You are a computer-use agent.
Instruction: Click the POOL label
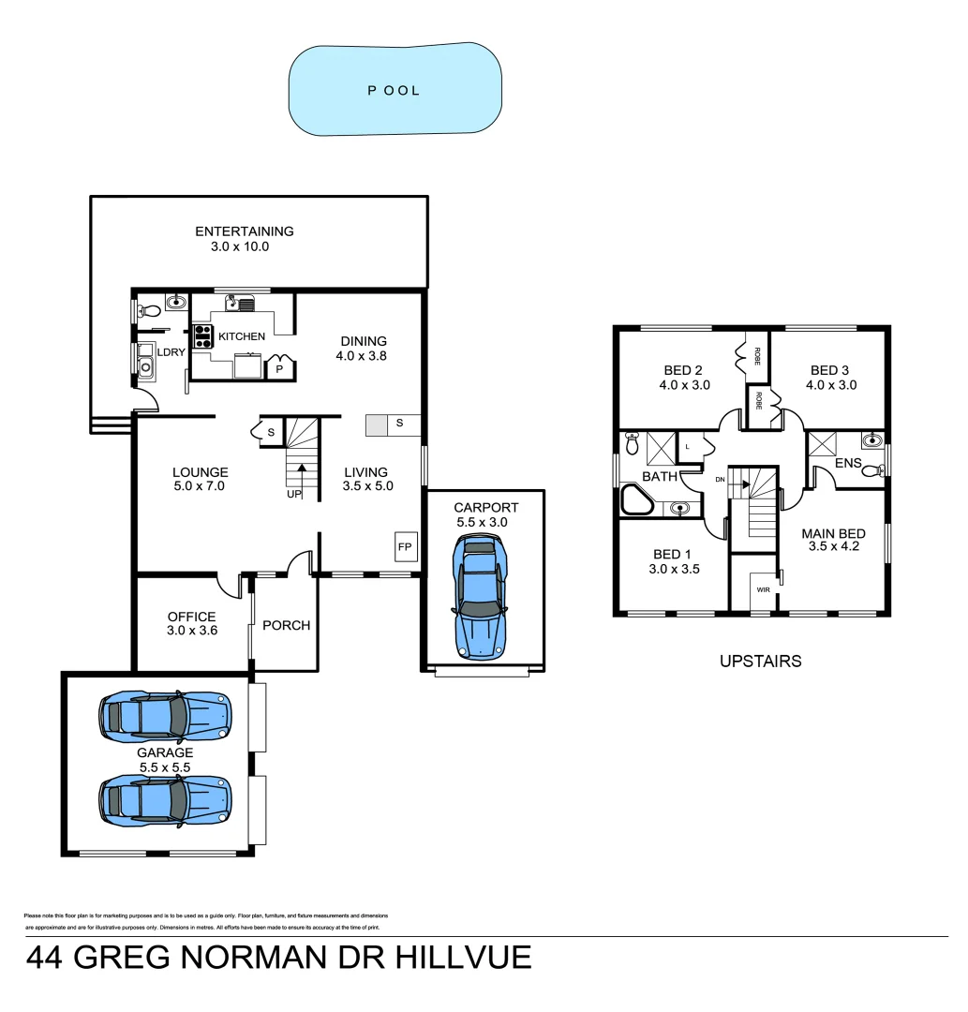tap(394, 91)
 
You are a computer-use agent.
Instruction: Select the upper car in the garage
tap(166, 716)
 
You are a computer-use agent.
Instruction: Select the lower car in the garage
tap(166, 798)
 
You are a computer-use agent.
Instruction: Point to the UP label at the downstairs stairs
tap(294, 495)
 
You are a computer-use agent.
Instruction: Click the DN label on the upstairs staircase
tap(720, 480)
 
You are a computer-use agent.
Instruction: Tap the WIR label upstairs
tap(763, 590)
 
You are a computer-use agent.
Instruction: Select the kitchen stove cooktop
tap(201, 335)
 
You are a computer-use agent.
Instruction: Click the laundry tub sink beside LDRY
tap(146, 363)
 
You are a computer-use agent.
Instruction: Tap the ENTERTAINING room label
tap(244, 231)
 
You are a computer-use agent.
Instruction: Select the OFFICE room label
tap(191, 617)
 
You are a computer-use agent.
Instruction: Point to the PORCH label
tap(286, 625)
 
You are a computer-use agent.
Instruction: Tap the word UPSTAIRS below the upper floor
tap(760, 661)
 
